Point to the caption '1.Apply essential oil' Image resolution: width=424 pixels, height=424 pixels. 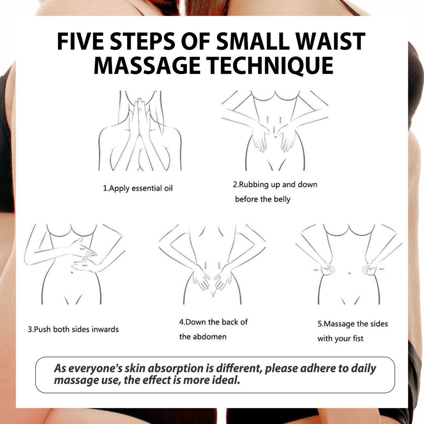tap(138, 188)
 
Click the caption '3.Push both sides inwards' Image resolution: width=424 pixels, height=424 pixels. tap(73, 329)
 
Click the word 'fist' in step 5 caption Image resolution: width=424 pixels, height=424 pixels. tap(358, 338)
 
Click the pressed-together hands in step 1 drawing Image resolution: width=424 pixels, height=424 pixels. tap(139, 117)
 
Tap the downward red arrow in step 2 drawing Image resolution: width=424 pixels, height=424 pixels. tap(274, 130)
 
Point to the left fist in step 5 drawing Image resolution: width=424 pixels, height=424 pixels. tap(327, 269)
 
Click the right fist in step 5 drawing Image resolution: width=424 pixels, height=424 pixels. tap(369, 269)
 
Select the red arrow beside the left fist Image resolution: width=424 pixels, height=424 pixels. tap(315, 270)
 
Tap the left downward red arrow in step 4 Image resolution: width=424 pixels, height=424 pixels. tap(206, 265)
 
